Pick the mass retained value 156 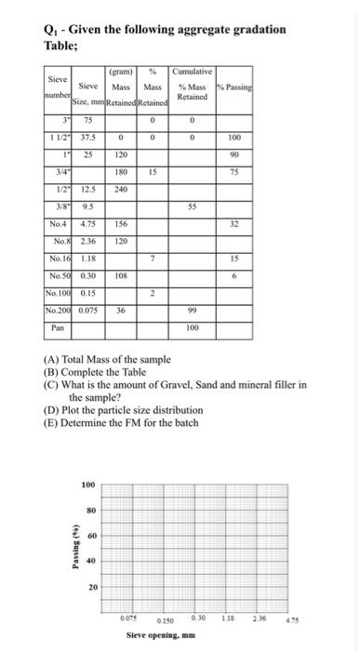122,224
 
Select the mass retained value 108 122,276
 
